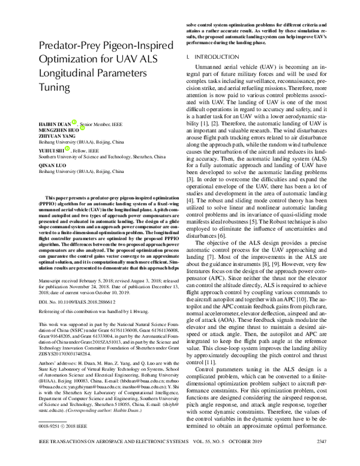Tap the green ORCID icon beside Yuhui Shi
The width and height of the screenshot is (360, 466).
click(x=67, y=149)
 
